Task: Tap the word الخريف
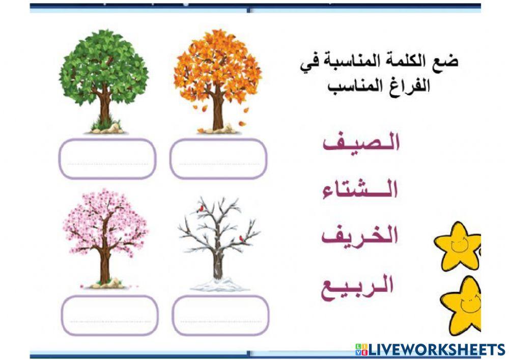[360, 235]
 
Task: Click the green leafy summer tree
[104, 66]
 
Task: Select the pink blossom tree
[105, 224]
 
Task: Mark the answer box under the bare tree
[220, 315]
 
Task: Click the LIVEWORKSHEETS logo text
[430, 349]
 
